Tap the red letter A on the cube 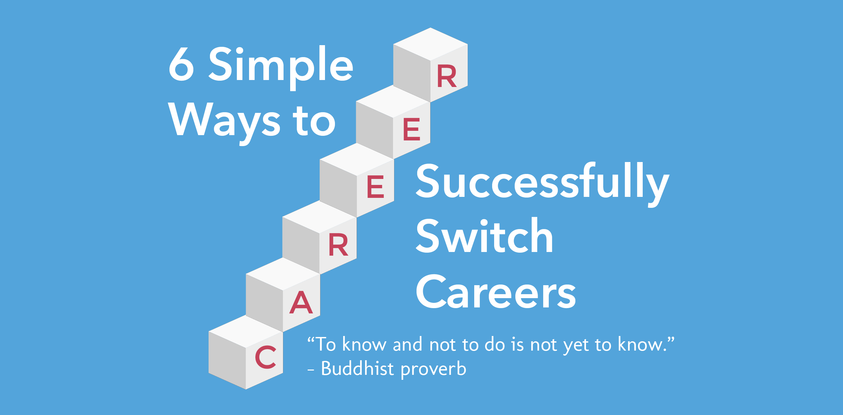(301, 302)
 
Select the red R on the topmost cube (447, 76)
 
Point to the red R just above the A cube (338, 245)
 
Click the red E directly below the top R (412, 129)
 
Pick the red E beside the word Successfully (375, 187)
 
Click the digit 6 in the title (181, 64)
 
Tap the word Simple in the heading (281, 67)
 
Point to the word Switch (485, 236)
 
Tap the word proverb (433, 370)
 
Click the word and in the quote (408, 344)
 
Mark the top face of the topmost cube (430, 44)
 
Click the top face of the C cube (246, 331)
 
